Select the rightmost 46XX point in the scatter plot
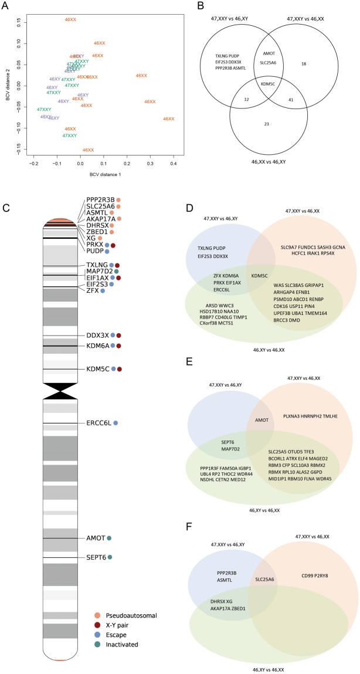coord(168,119)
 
